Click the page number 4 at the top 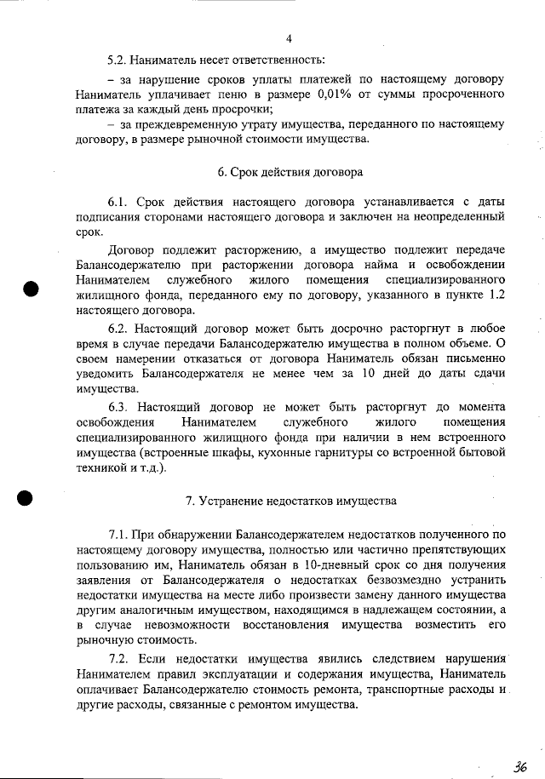[x=289, y=39]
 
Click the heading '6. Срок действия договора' [x=290, y=172]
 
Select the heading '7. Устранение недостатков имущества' [x=290, y=501]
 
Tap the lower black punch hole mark [x=25, y=498]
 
